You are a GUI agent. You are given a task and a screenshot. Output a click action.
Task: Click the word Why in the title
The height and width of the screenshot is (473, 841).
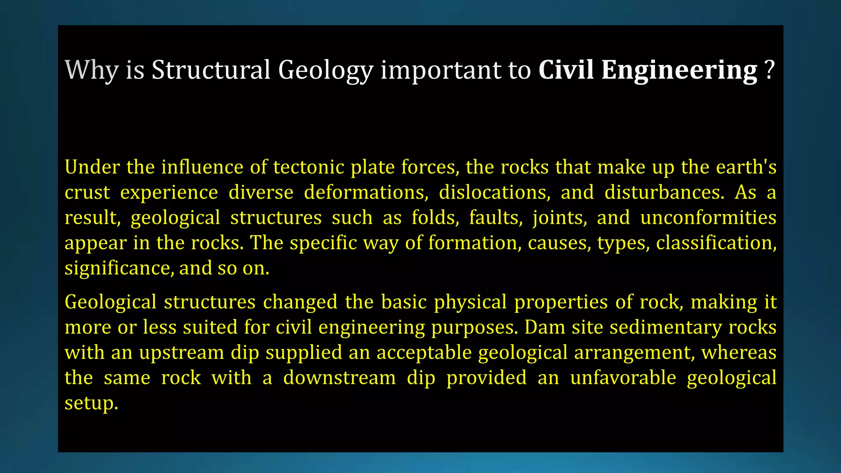92,70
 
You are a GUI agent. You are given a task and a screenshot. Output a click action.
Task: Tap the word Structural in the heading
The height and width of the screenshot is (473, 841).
211,70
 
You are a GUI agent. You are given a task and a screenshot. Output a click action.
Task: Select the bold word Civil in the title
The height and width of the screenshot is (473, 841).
566,70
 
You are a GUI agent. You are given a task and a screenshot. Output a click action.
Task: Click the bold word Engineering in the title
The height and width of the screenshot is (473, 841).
679,70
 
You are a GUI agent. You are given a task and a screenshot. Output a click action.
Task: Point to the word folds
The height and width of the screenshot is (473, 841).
435,218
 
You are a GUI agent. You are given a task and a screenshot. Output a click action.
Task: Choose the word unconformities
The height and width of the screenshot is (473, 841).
708,218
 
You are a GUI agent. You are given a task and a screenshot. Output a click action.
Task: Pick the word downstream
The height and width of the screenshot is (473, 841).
340,378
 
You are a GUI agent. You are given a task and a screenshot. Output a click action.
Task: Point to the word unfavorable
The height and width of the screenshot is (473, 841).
623,378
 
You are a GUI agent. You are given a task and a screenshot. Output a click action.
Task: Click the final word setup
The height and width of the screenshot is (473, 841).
91,403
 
